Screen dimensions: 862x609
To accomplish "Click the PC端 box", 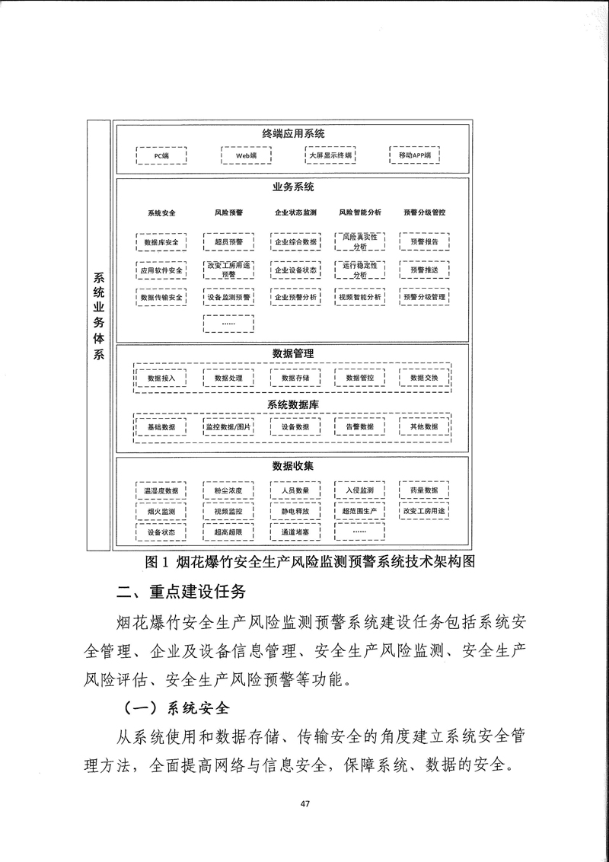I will tap(161, 155).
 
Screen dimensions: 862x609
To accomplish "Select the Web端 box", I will tap(245, 155).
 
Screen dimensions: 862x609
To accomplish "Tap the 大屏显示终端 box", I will tap(330, 155).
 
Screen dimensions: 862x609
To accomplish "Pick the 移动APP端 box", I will tap(414, 155).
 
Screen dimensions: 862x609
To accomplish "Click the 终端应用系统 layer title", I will tap(293, 133).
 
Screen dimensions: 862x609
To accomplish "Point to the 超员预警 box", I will tap(228, 242).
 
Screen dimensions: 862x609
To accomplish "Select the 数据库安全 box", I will tap(161, 242).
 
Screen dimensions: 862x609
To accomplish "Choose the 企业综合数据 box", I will tap(295, 242).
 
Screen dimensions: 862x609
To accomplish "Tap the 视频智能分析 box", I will tap(360, 296).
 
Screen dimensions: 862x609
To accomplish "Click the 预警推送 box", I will tap(424, 270).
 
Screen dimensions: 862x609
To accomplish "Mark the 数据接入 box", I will tap(161, 378).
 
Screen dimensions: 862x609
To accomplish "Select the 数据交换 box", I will tap(424, 378).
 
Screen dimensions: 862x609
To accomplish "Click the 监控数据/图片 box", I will tap(228, 427).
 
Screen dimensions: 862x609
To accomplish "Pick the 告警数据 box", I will tap(360, 427).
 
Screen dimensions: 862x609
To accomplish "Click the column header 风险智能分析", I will tap(360, 212).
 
